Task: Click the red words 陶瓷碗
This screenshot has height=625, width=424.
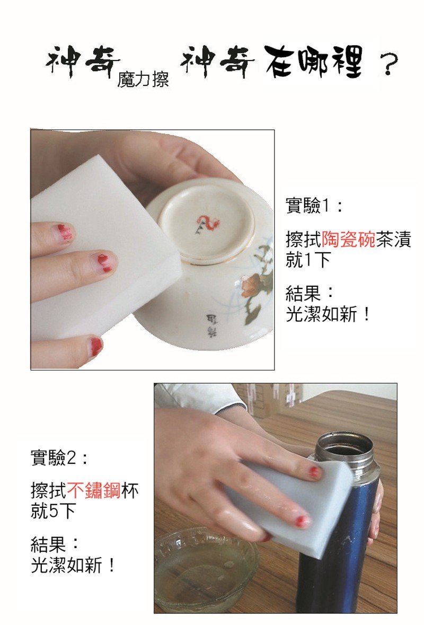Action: point(348,239)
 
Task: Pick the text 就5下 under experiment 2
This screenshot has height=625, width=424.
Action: point(53,512)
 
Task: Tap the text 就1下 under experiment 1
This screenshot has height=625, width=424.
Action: point(308,260)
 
